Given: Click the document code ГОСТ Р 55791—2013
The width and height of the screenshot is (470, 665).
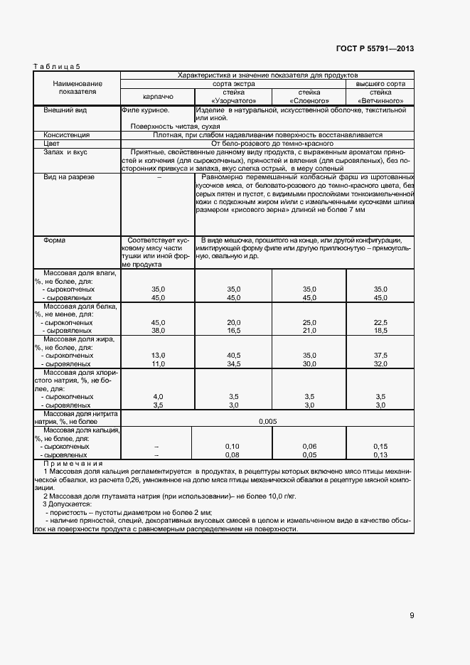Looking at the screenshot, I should click(x=375, y=49).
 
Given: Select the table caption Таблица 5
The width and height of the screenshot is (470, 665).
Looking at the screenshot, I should click(x=57, y=66).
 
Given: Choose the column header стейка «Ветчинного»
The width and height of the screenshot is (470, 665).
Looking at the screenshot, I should click(x=380, y=97).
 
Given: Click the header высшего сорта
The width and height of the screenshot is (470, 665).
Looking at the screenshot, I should click(x=380, y=83).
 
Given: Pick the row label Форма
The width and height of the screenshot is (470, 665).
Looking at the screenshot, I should click(x=54, y=240).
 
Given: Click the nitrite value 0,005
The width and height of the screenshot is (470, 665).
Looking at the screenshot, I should click(x=267, y=421).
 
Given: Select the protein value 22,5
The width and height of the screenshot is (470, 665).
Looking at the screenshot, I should click(x=380, y=322).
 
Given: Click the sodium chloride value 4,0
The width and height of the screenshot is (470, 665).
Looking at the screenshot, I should click(x=158, y=396).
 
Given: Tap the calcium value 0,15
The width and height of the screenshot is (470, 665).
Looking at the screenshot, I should click(x=380, y=446).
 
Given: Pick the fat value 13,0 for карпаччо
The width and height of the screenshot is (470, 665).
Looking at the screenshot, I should click(x=158, y=354).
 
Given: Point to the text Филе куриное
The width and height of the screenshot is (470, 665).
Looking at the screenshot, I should click(x=146, y=111).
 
